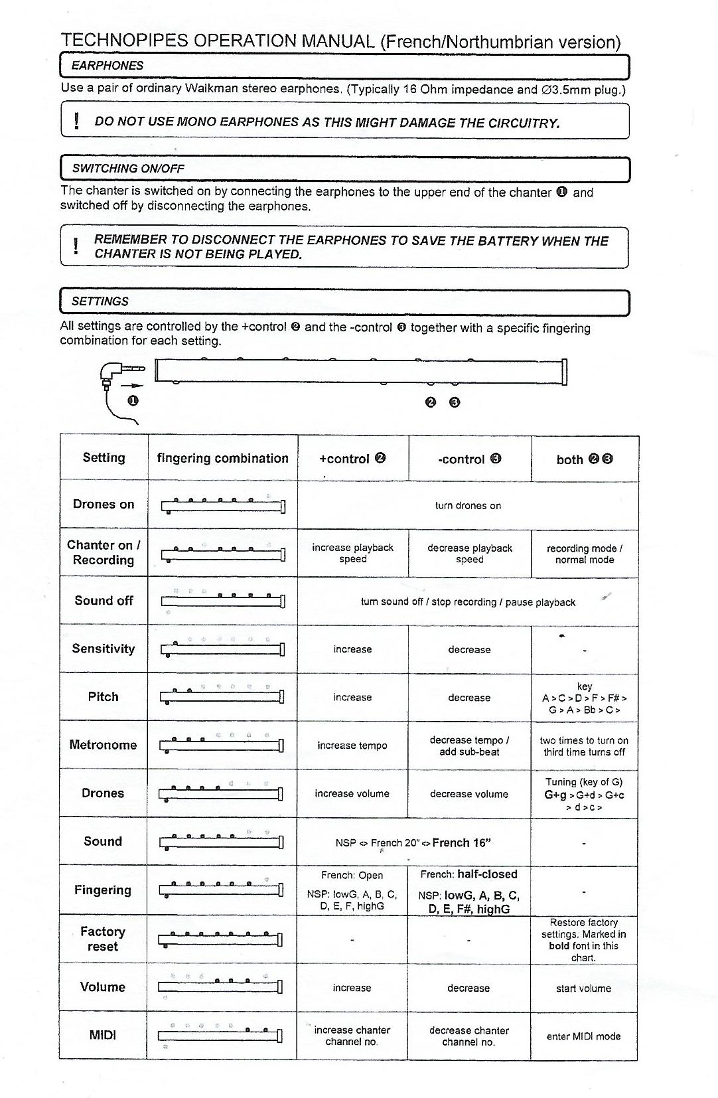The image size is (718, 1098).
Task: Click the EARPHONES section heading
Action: (108, 66)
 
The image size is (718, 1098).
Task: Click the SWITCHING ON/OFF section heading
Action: (127, 169)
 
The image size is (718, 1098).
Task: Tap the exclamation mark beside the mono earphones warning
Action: (77, 121)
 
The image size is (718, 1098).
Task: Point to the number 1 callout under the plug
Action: (133, 401)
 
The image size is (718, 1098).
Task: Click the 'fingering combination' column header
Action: (222, 458)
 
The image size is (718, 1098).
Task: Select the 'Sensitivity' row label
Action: (104, 649)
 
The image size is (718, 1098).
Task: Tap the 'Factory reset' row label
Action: (103, 939)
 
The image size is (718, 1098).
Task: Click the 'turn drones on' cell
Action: (468, 506)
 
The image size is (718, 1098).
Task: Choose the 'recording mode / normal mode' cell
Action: (584, 554)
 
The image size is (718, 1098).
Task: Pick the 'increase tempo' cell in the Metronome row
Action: (352, 745)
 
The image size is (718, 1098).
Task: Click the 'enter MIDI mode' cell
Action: (583, 1036)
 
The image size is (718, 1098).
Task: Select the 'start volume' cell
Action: (583, 988)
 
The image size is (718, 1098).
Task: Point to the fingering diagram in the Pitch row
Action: (222, 696)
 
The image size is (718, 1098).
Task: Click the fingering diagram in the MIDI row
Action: (221, 1035)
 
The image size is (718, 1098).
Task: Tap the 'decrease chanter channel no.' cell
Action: (468, 1036)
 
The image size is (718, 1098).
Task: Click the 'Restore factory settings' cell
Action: (583, 940)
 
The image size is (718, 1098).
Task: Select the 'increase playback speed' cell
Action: (352, 553)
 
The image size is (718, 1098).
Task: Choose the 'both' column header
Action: (584, 459)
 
